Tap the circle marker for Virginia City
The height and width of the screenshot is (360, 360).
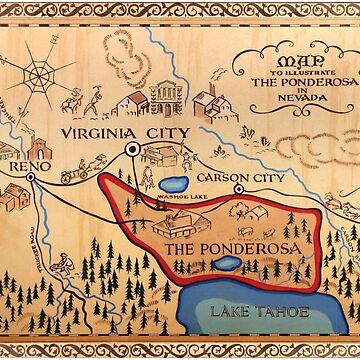click(131, 150)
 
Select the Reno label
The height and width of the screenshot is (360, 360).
click(22, 169)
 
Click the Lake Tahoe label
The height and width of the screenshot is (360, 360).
click(242, 312)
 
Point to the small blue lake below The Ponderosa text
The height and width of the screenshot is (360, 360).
click(227, 265)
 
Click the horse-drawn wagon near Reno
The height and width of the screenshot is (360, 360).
click(81, 173)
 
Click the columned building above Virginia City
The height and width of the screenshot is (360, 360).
click(165, 99)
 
